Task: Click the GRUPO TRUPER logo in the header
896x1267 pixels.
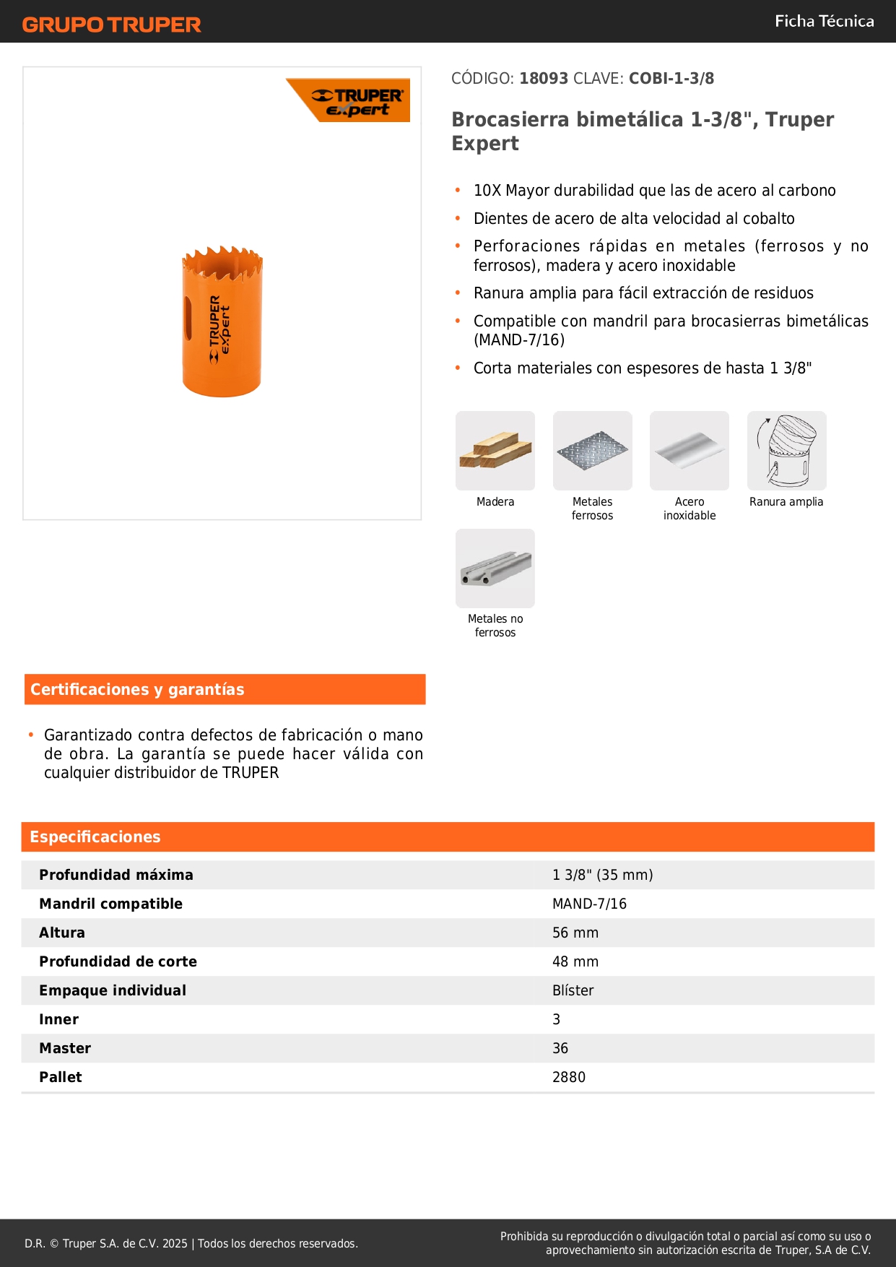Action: click(x=111, y=25)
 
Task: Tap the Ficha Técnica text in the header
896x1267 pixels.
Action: click(x=824, y=21)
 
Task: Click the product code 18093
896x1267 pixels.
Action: click(x=544, y=78)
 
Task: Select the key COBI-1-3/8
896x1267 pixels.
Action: click(x=671, y=78)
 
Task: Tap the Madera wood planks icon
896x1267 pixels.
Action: click(x=495, y=451)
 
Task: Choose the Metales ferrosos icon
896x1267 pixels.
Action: click(x=592, y=451)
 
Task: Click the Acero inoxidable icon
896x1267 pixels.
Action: click(x=689, y=451)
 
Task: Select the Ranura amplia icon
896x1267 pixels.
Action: click(x=786, y=451)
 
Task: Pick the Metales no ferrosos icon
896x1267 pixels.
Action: click(x=495, y=568)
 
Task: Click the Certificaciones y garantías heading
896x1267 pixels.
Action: click(x=137, y=689)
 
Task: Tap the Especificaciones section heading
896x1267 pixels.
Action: click(x=95, y=836)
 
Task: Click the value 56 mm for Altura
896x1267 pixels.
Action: click(x=575, y=933)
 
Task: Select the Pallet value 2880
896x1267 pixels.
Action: click(x=568, y=1077)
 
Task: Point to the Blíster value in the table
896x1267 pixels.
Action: click(x=573, y=990)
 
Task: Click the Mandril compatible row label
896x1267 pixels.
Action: click(x=110, y=904)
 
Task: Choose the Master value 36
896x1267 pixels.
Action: click(x=560, y=1048)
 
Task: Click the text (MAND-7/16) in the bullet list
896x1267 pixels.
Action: click(x=519, y=340)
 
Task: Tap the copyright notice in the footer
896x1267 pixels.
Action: click(x=191, y=1243)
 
